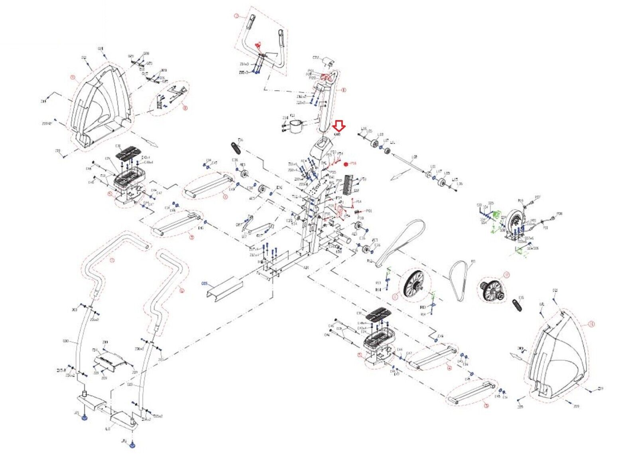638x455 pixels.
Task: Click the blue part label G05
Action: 205,284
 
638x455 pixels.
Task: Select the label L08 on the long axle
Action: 414,157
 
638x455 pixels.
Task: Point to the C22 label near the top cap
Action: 316,58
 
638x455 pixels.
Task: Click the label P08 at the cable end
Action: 559,214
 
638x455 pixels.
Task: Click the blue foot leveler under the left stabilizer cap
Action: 85,417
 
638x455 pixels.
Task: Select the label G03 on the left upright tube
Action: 66,341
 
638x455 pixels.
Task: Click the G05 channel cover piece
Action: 224,289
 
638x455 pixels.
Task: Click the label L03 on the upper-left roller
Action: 380,135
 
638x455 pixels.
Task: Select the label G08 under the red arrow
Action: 337,135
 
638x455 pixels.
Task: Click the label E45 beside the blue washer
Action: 215,163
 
